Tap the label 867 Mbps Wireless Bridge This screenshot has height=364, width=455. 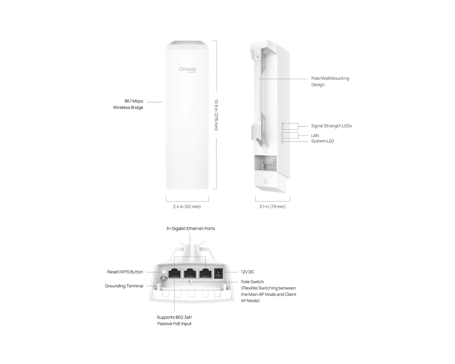tap(128, 104)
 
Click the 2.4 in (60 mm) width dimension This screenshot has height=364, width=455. tap(188, 206)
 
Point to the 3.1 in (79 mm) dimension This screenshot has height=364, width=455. tap(272, 206)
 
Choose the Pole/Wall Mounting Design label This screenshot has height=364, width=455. tap(330, 81)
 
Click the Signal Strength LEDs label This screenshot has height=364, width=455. tap(331, 126)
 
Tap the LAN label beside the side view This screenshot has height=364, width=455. tap(315, 135)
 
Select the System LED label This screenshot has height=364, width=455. tap(322, 141)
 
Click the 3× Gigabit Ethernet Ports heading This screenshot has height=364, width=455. tap(190, 229)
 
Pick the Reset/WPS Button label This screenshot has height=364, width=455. tap(125, 272)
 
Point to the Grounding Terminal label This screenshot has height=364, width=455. tap(124, 286)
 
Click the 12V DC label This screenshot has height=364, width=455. tap(248, 272)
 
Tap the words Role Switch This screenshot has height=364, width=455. tap(252, 282)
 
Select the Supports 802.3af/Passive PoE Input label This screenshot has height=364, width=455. tap(174, 320)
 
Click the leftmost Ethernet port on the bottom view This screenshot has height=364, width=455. tap(174, 273)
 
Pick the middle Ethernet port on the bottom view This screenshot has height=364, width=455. tap(190, 273)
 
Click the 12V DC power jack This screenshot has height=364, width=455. tap(217, 273)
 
